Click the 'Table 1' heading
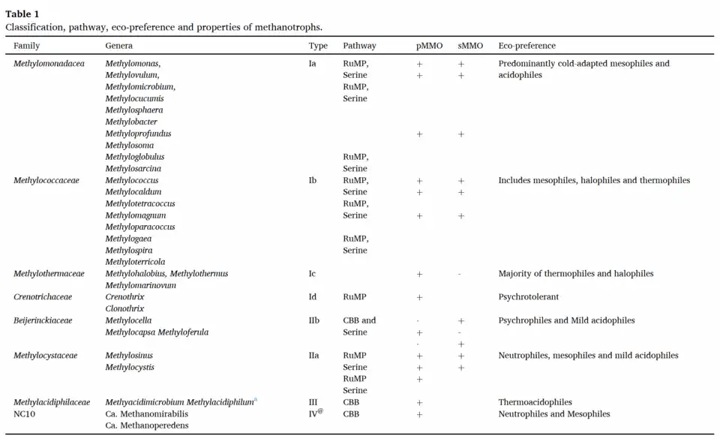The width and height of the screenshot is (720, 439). pyautogui.click(x=22, y=14)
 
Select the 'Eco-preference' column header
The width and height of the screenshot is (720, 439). pyautogui.click(x=526, y=46)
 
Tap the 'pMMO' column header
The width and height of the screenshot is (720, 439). pyautogui.click(x=430, y=46)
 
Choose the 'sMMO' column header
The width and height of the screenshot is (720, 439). pyautogui.click(x=470, y=46)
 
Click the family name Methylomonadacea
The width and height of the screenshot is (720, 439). pyautogui.click(x=49, y=64)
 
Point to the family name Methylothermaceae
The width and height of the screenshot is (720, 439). pyautogui.click(x=49, y=274)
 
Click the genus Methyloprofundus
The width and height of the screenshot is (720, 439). pyautogui.click(x=138, y=134)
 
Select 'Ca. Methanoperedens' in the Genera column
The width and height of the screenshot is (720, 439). pyautogui.click(x=146, y=425)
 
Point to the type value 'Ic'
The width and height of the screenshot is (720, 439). pyautogui.click(x=312, y=274)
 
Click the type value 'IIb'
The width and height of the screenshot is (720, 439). pyautogui.click(x=314, y=320)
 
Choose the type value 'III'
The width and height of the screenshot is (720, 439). pyautogui.click(x=313, y=402)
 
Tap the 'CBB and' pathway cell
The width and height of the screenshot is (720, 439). pyautogui.click(x=359, y=320)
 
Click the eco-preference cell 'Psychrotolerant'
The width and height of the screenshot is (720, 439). pyautogui.click(x=528, y=297)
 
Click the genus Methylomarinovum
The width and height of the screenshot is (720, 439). pyautogui.click(x=140, y=285)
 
